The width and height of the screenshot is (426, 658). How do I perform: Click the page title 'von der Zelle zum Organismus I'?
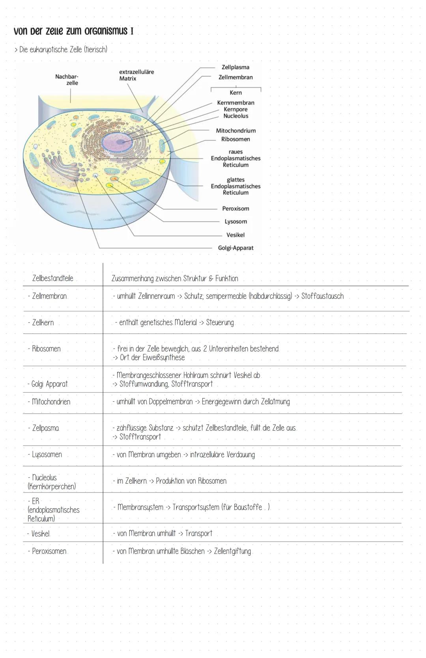[73, 31]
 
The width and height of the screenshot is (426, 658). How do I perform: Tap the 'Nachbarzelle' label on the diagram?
[67, 80]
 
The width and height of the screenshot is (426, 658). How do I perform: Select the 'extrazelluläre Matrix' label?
[136, 75]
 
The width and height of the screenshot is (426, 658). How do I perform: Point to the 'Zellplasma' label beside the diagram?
[235, 67]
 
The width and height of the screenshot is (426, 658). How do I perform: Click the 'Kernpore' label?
[235, 109]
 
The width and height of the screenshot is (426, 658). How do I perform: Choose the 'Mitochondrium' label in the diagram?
[235, 130]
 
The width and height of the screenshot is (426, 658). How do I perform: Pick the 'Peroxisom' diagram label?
[235, 209]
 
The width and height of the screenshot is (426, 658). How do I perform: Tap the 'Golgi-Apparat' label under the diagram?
[235, 248]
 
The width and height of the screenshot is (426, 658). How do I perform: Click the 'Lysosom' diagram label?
[235, 222]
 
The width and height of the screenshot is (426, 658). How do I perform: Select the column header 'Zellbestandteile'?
[53, 278]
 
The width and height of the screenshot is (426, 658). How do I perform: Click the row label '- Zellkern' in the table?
[41, 322]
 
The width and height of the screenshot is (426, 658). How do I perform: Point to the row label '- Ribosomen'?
[44, 349]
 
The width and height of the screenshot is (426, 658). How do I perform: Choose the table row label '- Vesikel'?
[39, 533]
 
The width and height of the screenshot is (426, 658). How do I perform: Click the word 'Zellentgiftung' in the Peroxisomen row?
[232, 551]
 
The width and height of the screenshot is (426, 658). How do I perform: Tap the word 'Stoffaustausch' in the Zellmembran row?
[322, 296]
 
